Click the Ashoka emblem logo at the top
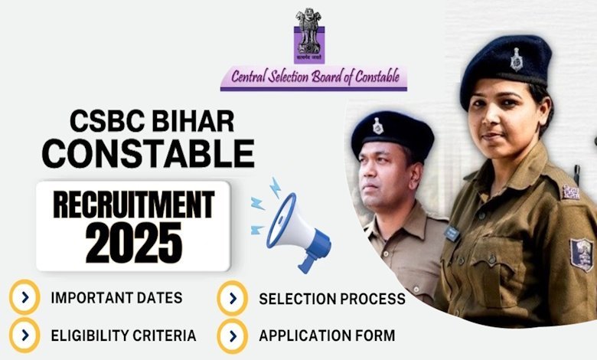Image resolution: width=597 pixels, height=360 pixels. click(308, 35)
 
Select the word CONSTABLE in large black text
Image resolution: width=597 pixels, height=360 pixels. click(148, 153)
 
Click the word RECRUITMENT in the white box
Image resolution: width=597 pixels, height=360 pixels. click(134, 205)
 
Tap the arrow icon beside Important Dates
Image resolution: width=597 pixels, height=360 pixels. click(24, 296)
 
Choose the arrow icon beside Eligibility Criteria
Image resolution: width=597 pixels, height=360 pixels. click(24, 335)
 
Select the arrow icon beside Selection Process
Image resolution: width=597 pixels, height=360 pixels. click(233, 298)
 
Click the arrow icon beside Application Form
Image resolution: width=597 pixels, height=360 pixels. click(233, 336)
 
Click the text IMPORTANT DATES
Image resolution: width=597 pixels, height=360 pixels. click(116, 298)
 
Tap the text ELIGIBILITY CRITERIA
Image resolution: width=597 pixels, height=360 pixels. click(124, 335)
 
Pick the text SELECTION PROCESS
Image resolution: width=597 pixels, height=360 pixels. click(332, 299)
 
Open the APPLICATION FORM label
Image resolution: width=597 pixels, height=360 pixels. click(327, 336)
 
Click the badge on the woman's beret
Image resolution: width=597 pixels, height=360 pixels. click(517, 60)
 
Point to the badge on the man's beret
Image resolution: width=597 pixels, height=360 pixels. click(377, 126)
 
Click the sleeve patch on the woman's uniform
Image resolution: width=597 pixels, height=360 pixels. click(581, 254)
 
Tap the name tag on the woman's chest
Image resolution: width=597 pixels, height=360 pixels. click(452, 233)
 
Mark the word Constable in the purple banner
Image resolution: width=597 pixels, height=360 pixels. click(377, 77)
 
